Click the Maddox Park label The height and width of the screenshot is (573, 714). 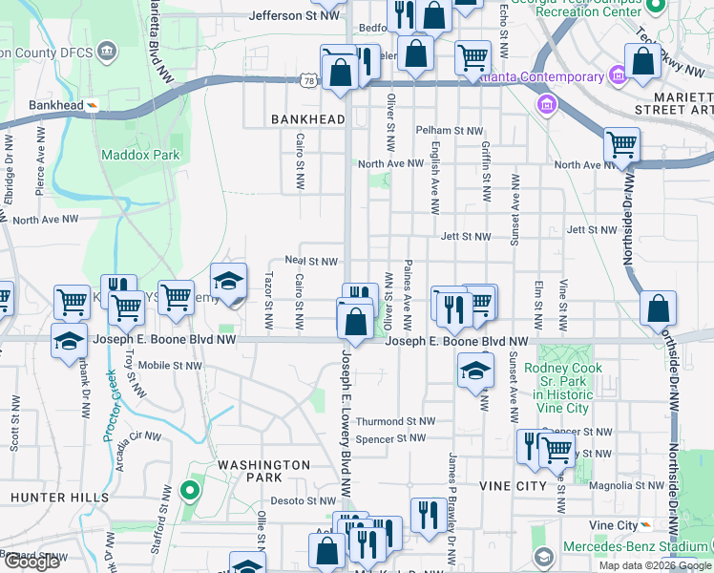140,155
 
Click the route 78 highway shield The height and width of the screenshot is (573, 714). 307,83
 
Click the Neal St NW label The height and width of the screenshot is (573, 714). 311,262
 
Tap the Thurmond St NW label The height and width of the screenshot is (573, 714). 395,421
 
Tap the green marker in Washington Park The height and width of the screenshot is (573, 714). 189,493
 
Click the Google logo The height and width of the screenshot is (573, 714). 32,562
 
